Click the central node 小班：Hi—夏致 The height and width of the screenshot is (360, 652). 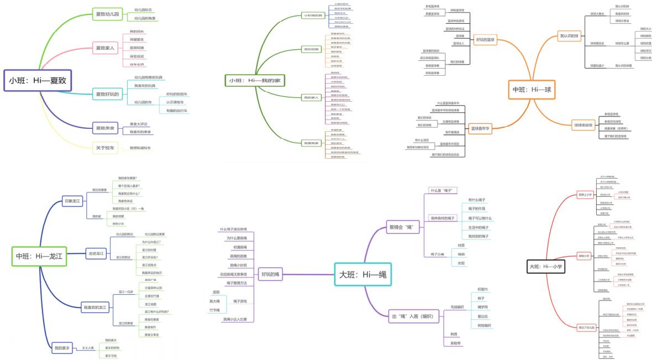37,80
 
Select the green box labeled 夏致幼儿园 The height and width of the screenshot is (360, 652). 107,14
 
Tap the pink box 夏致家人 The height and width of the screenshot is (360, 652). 105,48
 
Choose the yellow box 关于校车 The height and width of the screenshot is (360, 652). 105,148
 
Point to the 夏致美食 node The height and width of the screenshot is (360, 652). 105,128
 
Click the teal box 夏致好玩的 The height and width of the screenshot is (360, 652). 107,94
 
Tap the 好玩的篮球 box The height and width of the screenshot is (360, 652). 486,39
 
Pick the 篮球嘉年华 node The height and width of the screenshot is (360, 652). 481,128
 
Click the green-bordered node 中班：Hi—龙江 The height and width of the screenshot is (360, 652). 39,256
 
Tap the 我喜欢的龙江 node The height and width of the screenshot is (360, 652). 96,307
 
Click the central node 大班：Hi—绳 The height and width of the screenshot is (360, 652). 363,274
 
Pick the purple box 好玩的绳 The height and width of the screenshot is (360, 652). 270,274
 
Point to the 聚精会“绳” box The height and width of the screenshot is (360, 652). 401,227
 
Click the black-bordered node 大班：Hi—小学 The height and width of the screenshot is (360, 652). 545,267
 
